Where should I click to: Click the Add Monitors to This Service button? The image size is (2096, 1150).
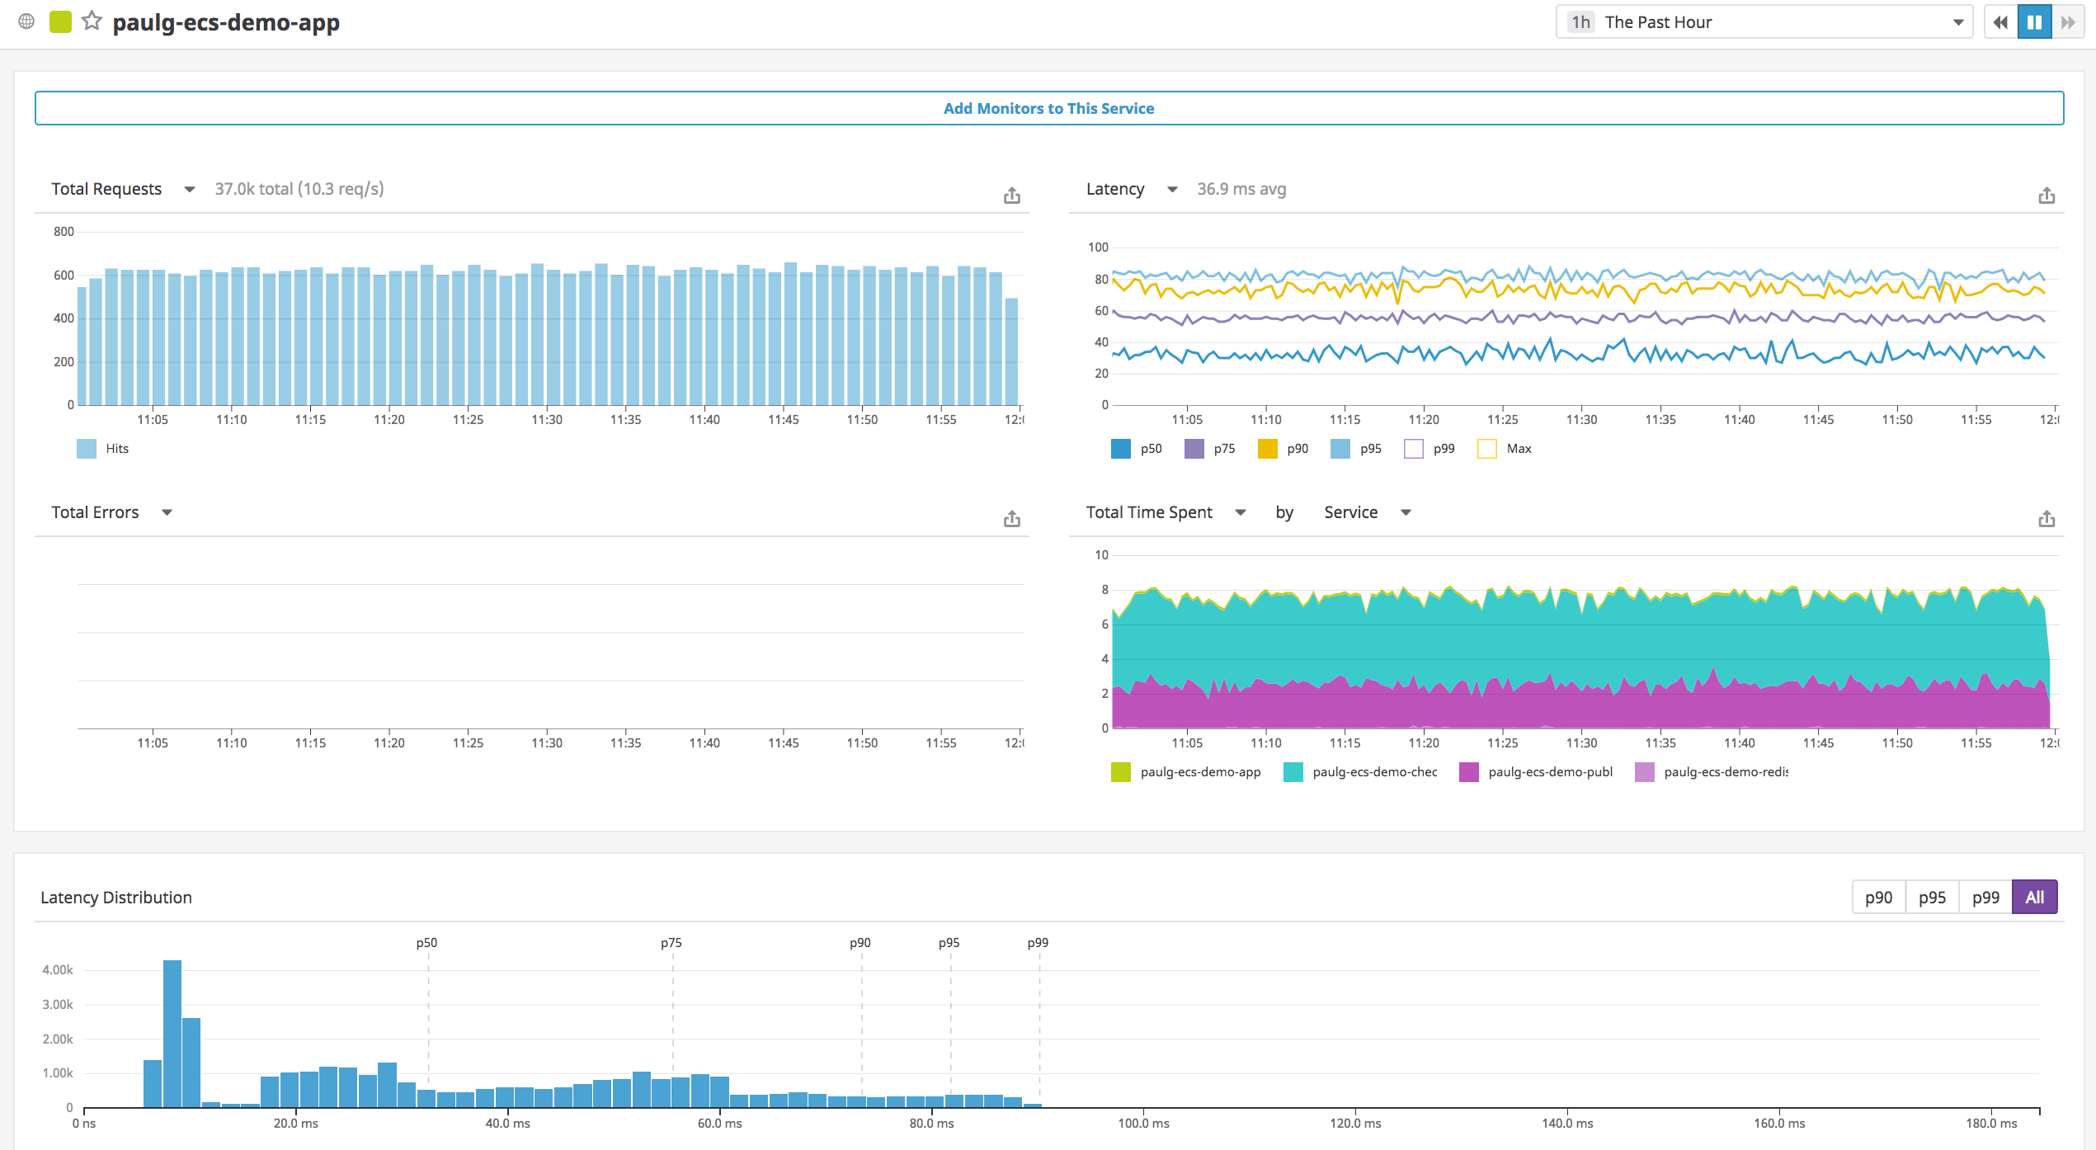click(x=1048, y=108)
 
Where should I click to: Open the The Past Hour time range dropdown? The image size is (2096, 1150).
click(x=1763, y=22)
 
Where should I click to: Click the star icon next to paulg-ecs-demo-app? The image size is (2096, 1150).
click(x=92, y=21)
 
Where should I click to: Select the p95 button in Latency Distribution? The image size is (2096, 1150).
click(x=1931, y=897)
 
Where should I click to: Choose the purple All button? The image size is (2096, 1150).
click(x=2033, y=897)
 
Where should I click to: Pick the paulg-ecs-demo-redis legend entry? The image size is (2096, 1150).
click(x=1712, y=772)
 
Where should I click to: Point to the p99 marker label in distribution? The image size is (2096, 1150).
click(x=1037, y=942)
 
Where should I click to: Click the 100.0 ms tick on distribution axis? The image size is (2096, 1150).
click(x=1143, y=1123)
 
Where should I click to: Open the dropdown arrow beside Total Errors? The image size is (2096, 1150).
click(x=167, y=512)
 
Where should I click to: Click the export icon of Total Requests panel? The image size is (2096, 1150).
click(x=1011, y=196)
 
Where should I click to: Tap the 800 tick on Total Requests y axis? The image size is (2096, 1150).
click(x=64, y=232)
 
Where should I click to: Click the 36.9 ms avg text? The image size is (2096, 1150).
click(x=1241, y=189)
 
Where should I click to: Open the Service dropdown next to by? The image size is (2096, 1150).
click(x=1367, y=512)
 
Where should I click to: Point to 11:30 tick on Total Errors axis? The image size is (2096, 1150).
click(x=546, y=742)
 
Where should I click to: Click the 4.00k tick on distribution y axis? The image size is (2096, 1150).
click(x=57, y=969)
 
